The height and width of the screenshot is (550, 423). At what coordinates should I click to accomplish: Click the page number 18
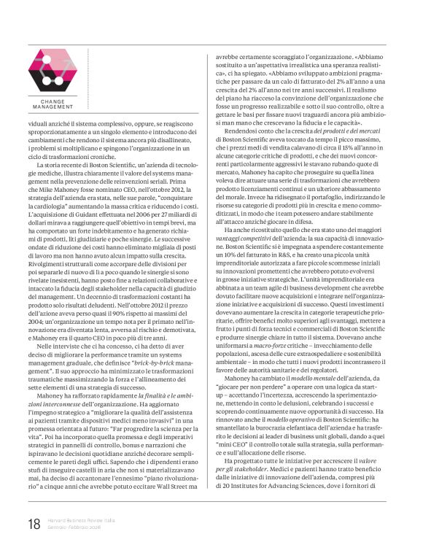(34, 523)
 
